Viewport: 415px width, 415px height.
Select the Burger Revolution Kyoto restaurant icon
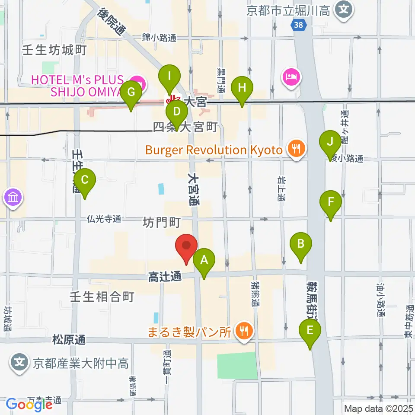(x=296, y=150)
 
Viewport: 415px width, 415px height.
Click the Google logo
(x=29, y=404)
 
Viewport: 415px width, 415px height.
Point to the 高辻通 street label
(x=164, y=277)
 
